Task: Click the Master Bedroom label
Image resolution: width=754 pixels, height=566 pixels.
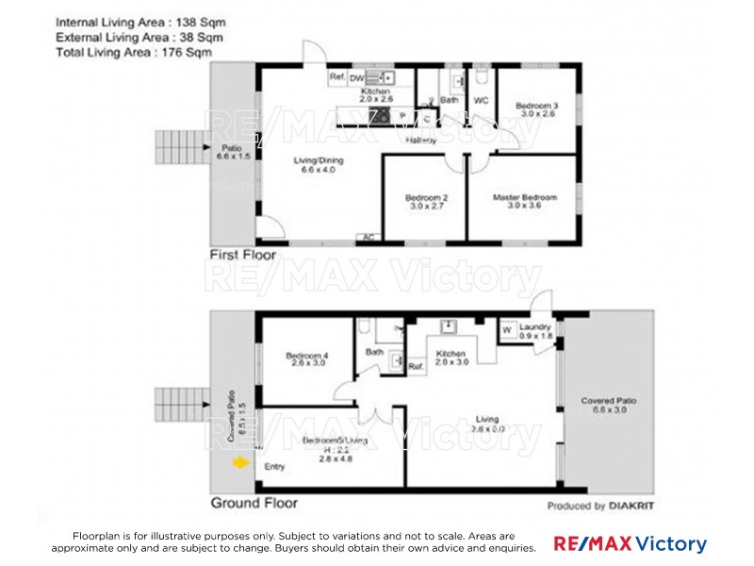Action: [x=525, y=198]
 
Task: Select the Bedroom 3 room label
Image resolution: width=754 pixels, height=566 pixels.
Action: [x=535, y=105]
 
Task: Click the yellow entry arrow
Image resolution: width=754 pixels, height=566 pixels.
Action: [x=241, y=463]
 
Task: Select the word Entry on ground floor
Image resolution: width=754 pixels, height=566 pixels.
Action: [x=274, y=467]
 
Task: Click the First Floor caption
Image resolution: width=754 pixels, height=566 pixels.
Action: [x=243, y=256]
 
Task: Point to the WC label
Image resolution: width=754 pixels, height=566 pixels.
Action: [x=480, y=99]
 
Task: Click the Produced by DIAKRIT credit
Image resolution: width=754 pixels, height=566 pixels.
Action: [x=601, y=506]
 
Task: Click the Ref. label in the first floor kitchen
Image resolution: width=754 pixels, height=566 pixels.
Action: [x=336, y=78]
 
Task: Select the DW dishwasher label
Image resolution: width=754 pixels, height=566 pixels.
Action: [x=356, y=78]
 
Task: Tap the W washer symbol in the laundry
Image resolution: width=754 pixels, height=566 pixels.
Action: [x=506, y=330]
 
